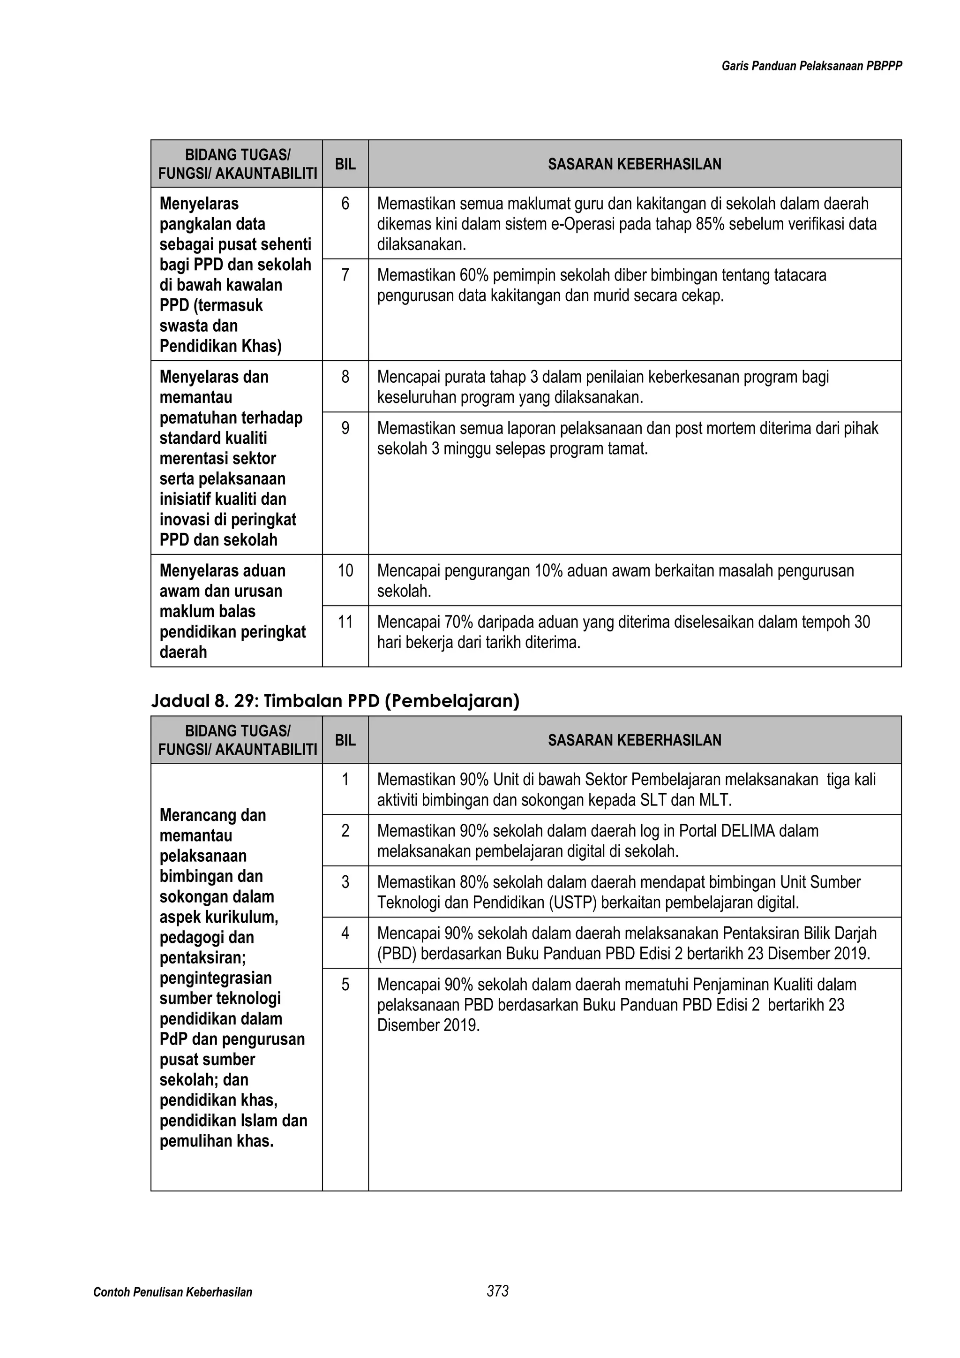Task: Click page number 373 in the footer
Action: point(498,1291)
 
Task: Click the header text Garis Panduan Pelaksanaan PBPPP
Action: point(811,66)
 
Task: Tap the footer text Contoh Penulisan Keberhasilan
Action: point(172,1292)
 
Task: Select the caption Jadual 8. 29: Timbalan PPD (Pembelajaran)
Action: point(335,701)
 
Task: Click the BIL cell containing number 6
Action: point(345,204)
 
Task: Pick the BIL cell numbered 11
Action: point(345,622)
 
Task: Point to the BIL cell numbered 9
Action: point(345,428)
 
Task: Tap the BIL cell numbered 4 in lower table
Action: point(345,933)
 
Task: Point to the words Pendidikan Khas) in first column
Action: point(220,346)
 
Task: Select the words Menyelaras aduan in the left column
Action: point(222,571)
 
